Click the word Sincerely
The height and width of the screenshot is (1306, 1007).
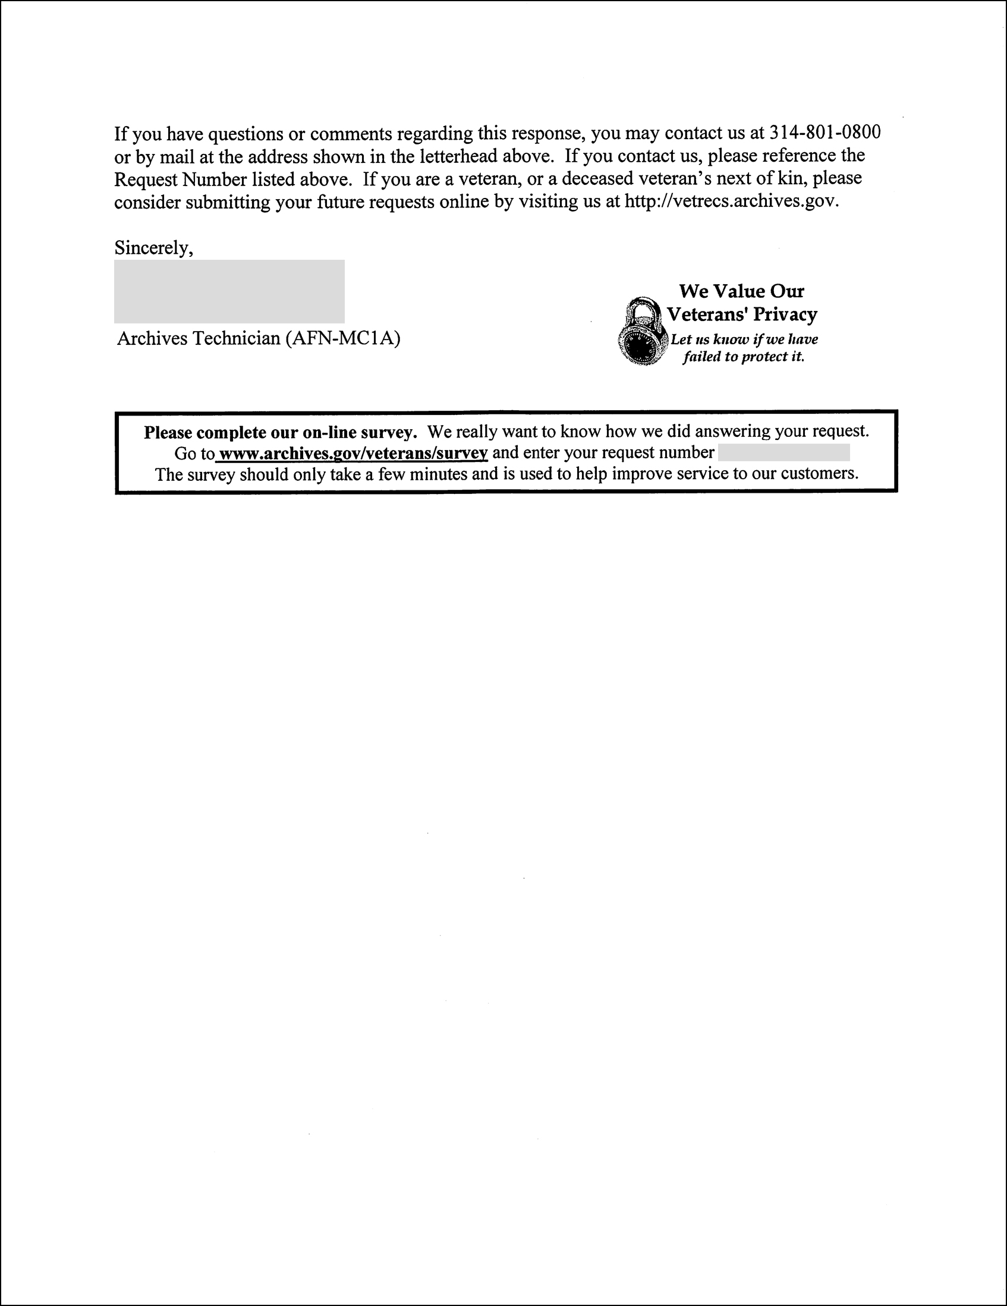pyautogui.click(x=153, y=247)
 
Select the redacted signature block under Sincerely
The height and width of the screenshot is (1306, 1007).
pyautogui.click(x=229, y=291)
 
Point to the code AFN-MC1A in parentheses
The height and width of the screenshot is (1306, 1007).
pyautogui.click(x=342, y=338)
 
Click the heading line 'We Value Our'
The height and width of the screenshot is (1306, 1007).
pyautogui.click(x=741, y=291)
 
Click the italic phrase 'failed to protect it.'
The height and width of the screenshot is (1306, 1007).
pyautogui.click(x=743, y=357)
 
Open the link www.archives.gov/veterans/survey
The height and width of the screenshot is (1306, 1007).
pyautogui.click(x=354, y=454)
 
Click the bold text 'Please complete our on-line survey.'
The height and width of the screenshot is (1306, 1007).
pyautogui.click(x=280, y=432)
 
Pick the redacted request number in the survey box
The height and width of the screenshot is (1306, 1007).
pyautogui.click(x=783, y=453)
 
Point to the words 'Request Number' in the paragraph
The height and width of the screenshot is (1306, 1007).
pyautogui.click(x=181, y=179)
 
